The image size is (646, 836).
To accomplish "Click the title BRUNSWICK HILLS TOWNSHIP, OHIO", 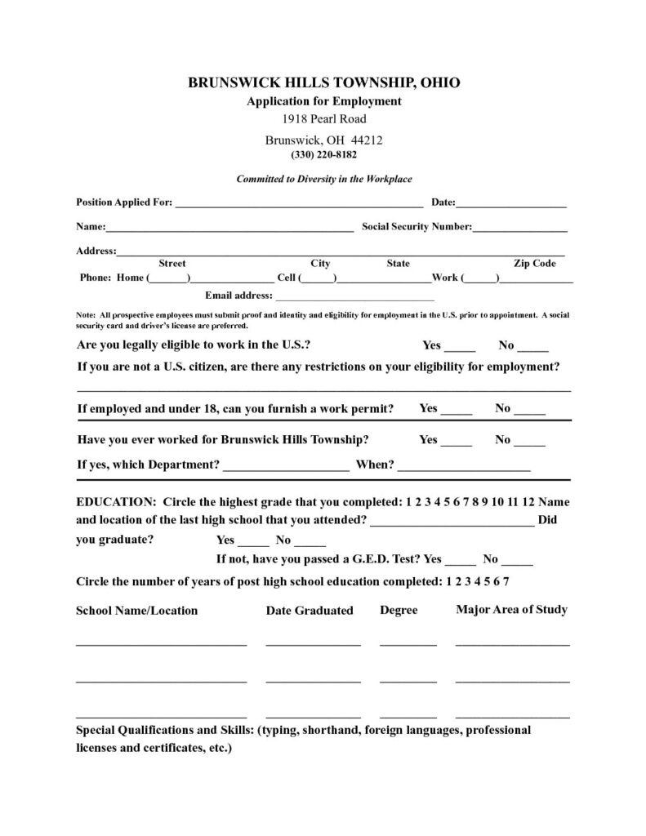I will [324, 83].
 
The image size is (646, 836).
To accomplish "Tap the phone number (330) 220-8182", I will [323, 153].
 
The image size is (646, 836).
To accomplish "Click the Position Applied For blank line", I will [298, 204].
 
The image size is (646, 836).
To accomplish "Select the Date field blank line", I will [511, 204].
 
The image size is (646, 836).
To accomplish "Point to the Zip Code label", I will [534, 264].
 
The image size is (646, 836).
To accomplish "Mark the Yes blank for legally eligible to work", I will [460, 347].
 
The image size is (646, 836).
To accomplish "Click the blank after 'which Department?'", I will [285, 469].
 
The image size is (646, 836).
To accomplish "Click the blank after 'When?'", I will [464, 469].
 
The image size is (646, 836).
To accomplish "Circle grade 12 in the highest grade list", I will [528, 501].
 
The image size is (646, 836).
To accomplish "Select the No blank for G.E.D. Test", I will [517, 562].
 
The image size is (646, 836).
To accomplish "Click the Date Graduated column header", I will [310, 611].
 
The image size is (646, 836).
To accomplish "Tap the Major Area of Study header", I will [511, 610].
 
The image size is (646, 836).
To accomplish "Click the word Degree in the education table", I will [399, 611].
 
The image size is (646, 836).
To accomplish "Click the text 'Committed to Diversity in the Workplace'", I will [324, 179].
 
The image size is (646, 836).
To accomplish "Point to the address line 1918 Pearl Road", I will [324, 119].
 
